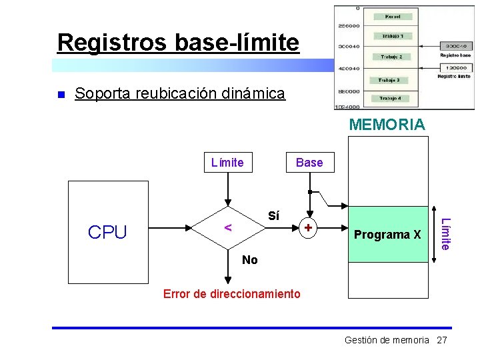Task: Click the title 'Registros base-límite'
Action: click(178, 42)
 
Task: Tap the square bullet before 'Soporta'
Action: click(61, 94)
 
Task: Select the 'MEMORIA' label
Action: click(387, 125)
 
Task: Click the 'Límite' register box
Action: click(227, 162)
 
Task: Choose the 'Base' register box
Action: click(309, 162)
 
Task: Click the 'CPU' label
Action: click(107, 232)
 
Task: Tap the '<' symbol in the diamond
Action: click(227, 227)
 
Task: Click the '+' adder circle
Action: click(308, 228)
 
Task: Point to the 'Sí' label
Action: click(273, 216)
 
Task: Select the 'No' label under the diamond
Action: click(250, 260)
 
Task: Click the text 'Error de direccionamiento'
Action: click(232, 293)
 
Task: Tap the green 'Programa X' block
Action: click(387, 235)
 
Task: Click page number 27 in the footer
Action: click(441, 340)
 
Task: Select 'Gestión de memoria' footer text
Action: click(387, 340)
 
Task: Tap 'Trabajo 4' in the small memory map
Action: click(390, 98)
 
